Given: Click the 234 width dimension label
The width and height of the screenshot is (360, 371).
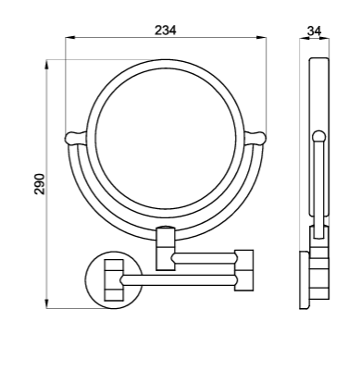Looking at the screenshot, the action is click(x=166, y=31).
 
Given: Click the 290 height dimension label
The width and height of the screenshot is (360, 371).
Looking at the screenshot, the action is click(x=40, y=184).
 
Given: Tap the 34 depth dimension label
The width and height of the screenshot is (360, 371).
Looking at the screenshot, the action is click(x=315, y=31).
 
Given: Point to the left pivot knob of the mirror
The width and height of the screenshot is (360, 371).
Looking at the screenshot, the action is click(x=75, y=138).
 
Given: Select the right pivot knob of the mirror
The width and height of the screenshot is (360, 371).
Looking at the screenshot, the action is click(x=255, y=138).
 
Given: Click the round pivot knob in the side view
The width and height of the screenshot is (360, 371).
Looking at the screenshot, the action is click(x=319, y=136).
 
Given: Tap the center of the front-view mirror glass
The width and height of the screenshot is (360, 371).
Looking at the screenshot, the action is click(x=166, y=139).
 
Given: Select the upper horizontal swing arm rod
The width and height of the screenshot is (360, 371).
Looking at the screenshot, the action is click(x=205, y=258).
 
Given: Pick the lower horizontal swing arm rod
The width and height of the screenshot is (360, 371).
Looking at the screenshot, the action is click(x=179, y=280).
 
